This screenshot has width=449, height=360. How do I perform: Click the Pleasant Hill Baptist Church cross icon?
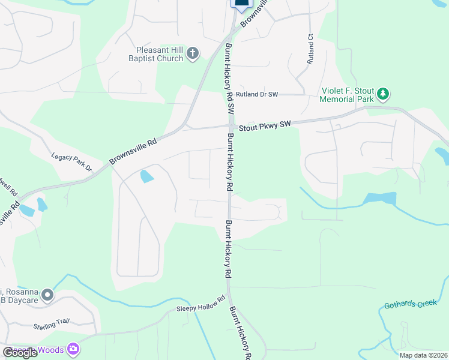[193, 54]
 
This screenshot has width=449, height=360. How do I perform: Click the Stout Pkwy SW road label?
[265, 125]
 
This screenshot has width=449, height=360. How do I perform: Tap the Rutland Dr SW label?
[257, 95]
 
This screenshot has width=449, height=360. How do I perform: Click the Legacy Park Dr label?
[71, 161]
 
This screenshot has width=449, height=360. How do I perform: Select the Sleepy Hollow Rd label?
[200, 304]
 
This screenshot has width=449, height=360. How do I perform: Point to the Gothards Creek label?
[411, 304]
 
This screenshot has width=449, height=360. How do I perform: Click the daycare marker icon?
[47, 295]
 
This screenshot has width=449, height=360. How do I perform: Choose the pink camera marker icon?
[73, 349]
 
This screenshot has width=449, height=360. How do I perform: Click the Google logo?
[20, 352]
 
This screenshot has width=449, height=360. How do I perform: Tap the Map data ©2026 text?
[423, 355]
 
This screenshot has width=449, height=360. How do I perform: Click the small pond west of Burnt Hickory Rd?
[146, 176]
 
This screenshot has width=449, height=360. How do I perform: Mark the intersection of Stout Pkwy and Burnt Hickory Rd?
[231, 126]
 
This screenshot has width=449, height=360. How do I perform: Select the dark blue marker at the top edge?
[241, 4]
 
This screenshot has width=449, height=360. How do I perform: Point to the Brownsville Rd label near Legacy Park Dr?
[133, 152]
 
